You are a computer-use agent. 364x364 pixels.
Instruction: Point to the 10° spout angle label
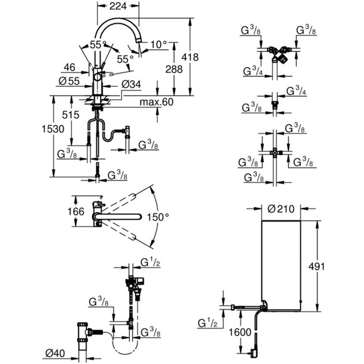pyautogui.click(x=159, y=44)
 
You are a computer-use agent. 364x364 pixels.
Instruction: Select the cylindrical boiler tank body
pyautogui.click(x=281, y=263)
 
